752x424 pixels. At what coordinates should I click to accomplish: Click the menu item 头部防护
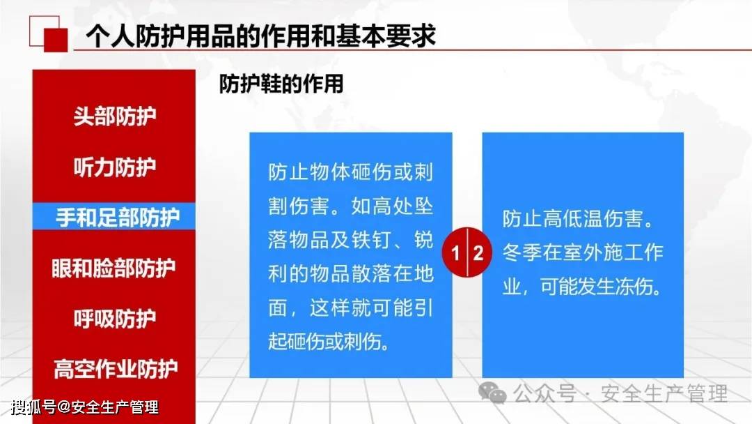point(115,116)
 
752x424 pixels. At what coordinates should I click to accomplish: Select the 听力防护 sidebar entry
point(115,167)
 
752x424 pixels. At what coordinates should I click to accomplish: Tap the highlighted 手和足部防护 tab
point(118,217)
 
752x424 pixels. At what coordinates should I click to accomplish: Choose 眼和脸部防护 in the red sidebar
point(113,268)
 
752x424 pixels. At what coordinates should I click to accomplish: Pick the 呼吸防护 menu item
point(115,319)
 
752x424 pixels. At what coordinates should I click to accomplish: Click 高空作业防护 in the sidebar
point(116,369)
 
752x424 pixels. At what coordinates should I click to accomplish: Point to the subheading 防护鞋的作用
point(281,84)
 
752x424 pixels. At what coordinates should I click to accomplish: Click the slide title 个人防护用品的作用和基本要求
point(260,36)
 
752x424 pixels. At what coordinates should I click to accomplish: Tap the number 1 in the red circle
point(455,252)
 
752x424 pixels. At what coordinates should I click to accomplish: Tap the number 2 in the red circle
point(478,252)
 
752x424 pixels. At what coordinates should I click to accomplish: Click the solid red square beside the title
point(56,40)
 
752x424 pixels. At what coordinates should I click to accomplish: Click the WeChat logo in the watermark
point(492,393)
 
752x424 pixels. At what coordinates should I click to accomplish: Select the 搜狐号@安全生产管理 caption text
point(85,408)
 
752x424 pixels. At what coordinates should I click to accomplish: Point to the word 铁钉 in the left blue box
point(372,240)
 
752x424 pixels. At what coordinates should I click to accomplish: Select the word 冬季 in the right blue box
point(522,252)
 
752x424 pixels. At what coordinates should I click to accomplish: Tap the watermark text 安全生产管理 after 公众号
point(665,394)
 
